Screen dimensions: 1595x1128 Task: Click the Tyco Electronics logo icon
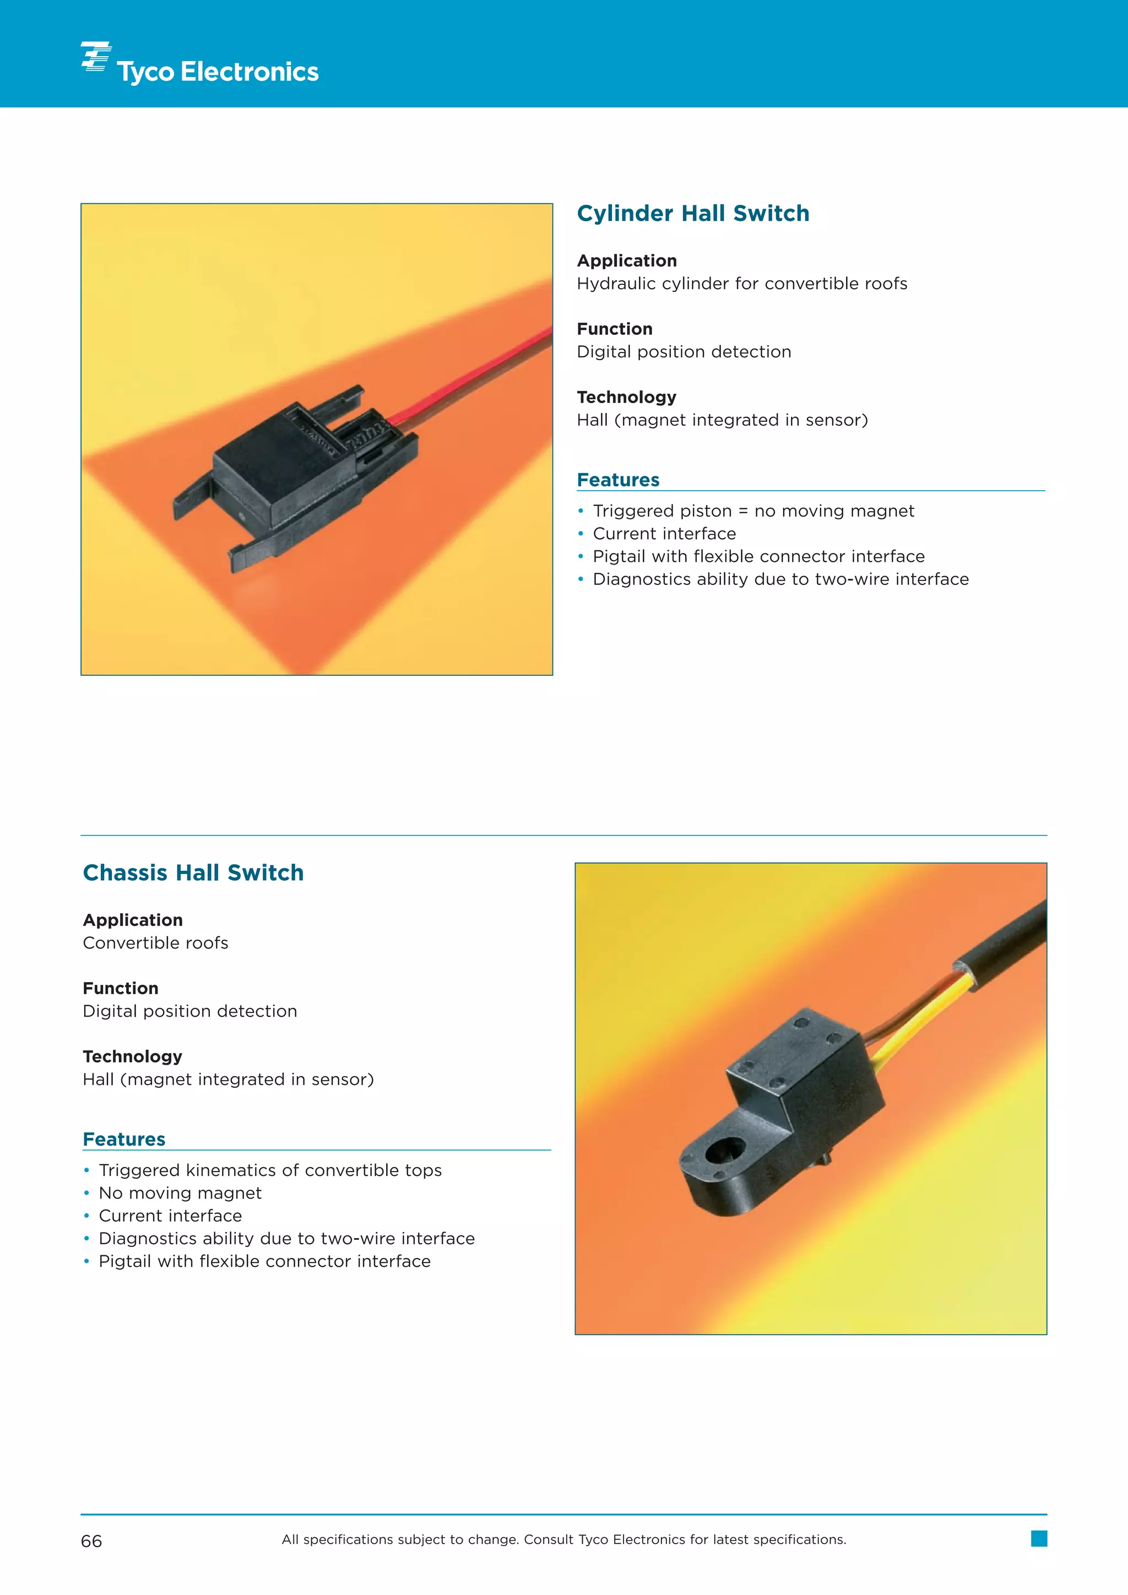(x=96, y=56)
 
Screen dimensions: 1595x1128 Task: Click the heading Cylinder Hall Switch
(x=692, y=213)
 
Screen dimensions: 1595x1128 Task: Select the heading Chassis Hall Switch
(x=193, y=872)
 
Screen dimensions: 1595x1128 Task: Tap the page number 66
(x=91, y=1541)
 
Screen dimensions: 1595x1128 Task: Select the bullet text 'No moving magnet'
(x=180, y=1193)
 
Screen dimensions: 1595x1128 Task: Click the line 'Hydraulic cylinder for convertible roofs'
(x=742, y=284)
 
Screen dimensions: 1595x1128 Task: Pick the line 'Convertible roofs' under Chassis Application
(x=155, y=943)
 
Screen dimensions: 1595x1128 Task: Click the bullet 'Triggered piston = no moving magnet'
(x=753, y=511)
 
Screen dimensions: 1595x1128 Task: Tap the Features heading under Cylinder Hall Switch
(x=618, y=480)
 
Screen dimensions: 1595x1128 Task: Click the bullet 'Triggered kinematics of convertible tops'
(x=270, y=1170)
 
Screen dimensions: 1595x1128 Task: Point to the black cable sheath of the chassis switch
(x=1007, y=938)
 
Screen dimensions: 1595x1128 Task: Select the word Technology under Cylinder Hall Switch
(x=626, y=397)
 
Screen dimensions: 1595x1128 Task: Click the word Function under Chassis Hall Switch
(x=121, y=988)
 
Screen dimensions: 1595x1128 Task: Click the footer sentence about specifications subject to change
(x=563, y=1539)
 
